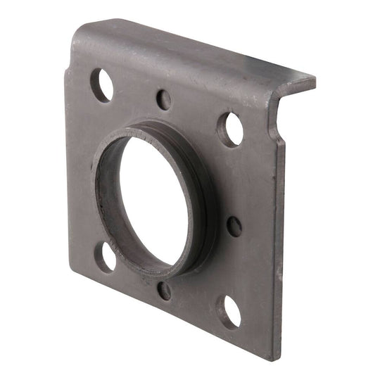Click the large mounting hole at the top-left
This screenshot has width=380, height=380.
(102, 85)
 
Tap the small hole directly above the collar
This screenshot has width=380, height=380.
(163, 99)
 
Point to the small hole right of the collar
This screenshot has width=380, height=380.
(234, 226)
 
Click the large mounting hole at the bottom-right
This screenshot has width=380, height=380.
(229, 311)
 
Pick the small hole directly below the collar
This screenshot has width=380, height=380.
(164, 291)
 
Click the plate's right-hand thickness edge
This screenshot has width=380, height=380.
(275, 246)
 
